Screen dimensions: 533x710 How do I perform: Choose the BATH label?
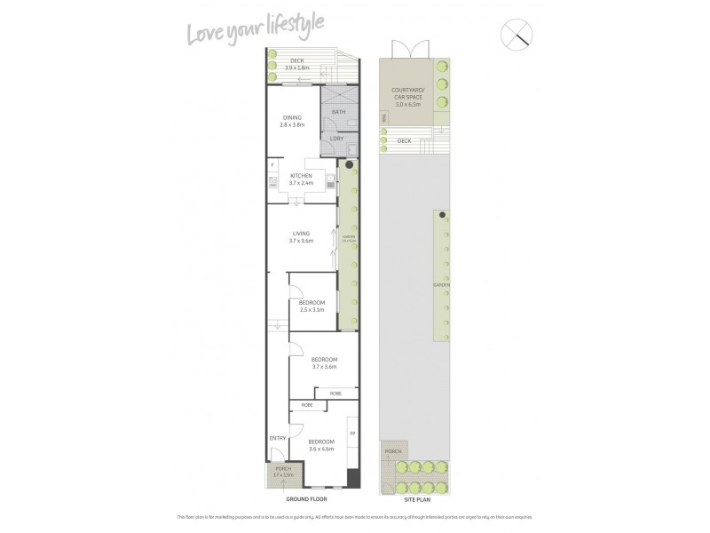click(338, 113)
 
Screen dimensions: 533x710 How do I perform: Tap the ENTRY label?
click(278, 438)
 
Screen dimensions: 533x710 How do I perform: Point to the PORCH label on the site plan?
click(392, 452)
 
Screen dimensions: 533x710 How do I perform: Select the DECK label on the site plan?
click(404, 140)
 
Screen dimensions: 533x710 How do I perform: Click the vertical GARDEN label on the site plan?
click(436, 285)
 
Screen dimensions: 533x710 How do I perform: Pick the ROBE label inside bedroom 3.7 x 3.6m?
click(335, 393)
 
